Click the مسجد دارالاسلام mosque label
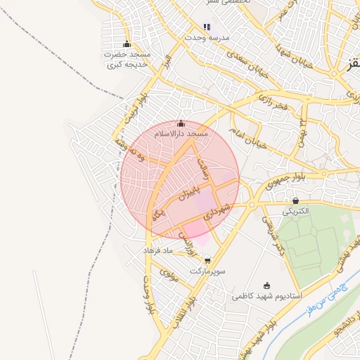[x=181, y=133]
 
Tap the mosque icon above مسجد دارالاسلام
[x=181, y=124]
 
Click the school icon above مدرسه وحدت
[x=207, y=27]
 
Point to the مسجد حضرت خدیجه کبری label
[x=127, y=58]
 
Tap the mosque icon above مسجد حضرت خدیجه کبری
[x=127, y=44]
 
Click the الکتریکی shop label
[x=295, y=210]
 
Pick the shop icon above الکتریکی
[x=295, y=200]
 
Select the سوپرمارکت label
[x=207, y=270]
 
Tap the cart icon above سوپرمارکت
[x=207, y=260]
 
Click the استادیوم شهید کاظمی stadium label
[x=266, y=296]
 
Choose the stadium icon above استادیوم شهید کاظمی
[x=266, y=285]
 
